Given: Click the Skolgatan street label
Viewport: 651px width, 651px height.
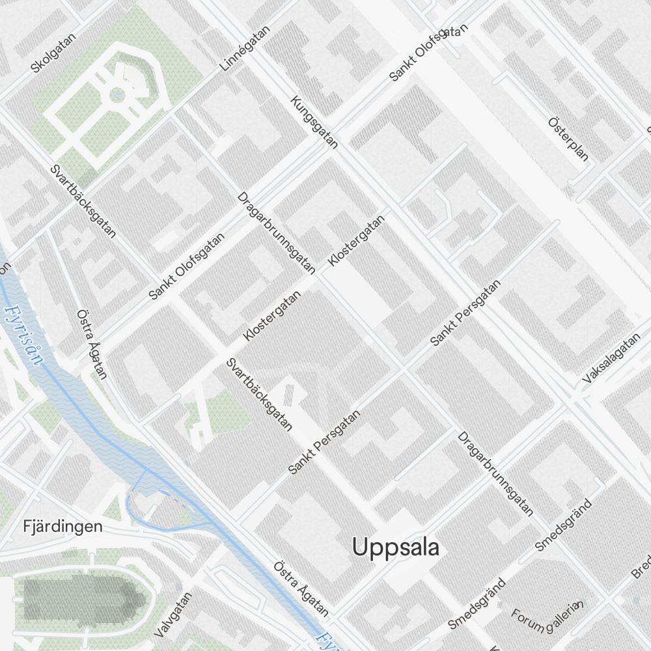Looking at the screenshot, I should point(53,53).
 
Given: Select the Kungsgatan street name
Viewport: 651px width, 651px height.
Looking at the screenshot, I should point(314,122).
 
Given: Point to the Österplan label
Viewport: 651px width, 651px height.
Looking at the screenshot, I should point(568,139).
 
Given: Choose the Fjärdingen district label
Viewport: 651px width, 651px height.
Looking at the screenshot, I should point(62,526).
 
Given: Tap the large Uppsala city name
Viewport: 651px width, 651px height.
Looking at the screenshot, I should point(395,547).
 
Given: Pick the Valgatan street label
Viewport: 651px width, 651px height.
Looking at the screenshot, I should point(174,615).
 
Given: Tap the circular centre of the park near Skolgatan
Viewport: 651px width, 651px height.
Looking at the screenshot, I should point(118,96).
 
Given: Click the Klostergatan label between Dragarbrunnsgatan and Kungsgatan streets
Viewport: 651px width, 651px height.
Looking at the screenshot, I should point(357,240).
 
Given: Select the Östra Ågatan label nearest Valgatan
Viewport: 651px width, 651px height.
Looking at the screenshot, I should point(301,589).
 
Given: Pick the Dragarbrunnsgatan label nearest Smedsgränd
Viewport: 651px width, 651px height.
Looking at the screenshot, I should point(495,473).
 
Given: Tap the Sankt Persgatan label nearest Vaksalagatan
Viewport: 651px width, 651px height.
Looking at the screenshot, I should point(466,313).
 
